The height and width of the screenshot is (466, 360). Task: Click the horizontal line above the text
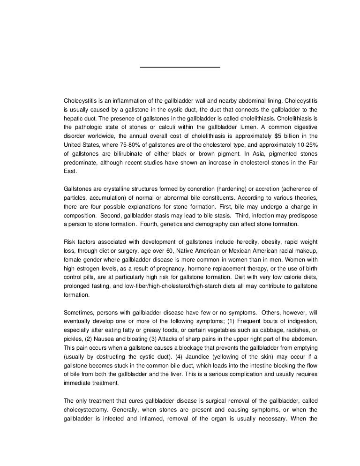point(180,68)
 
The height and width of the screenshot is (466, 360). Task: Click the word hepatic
point(73,118)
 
